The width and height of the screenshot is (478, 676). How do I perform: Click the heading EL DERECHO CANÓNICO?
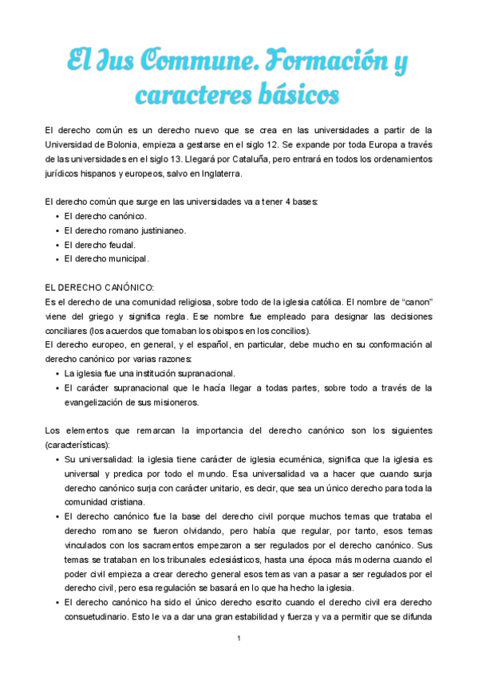click(100, 288)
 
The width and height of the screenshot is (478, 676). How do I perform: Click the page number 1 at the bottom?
click(239, 639)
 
